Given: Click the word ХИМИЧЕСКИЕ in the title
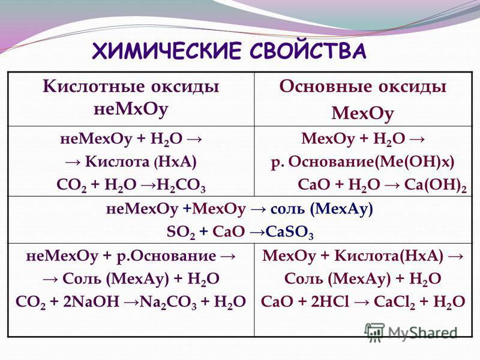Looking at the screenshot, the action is pos(167,50).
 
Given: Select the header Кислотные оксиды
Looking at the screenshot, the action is pos(131,86).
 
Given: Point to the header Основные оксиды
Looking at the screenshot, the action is pos(363,86).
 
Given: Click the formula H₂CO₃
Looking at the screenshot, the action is pos(181,185).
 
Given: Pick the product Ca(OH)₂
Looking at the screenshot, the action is pos(436,185).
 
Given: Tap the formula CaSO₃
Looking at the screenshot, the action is pos(290,232).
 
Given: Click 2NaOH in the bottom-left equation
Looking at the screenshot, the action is pos(91,302).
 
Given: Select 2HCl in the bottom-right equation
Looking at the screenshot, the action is pos(329,302).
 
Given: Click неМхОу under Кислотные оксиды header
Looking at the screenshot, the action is pos(131,109).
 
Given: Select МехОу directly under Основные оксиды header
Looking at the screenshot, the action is pos(363,113).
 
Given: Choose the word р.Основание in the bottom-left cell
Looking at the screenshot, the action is pos(166,256).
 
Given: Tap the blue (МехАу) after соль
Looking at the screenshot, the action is pos(341,209).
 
